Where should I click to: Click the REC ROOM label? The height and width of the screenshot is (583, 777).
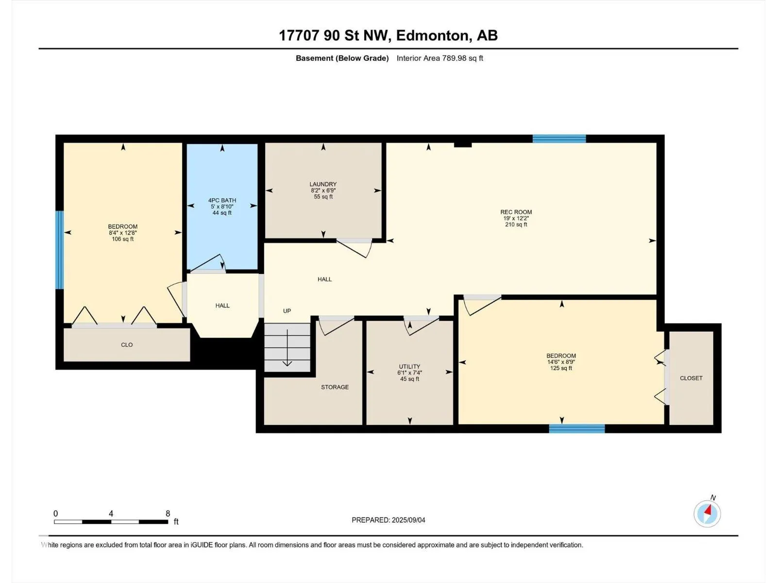[x=516, y=212]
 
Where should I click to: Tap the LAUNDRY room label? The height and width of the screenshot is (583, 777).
[x=323, y=184]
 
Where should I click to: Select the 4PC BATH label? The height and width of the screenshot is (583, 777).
[x=222, y=200]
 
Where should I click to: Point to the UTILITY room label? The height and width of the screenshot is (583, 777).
[x=409, y=366]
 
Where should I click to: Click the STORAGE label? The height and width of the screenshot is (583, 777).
[x=335, y=387]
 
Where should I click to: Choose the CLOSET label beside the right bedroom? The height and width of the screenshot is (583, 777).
[x=691, y=378]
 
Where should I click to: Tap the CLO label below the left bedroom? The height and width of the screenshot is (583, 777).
[x=127, y=345]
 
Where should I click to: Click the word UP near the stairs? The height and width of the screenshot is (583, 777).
[x=287, y=311]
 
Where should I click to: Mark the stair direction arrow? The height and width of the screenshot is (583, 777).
[x=287, y=348]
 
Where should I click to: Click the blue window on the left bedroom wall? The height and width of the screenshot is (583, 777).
[x=60, y=250]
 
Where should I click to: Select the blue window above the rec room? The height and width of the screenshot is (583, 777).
[x=559, y=139]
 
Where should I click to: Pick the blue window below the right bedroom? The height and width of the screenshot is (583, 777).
[x=577, y=429]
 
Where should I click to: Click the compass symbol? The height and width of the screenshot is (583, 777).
[x=707, y=514]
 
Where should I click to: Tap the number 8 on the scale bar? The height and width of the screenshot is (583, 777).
[x=168, y=514]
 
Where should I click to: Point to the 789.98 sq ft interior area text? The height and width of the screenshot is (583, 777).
[x=462, y=58]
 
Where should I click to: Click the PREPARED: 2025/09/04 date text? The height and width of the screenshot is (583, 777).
[x=388, y=520]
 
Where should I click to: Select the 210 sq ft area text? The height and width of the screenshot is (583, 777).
[x=516, y=224]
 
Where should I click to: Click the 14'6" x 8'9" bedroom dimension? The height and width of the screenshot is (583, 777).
[x=561, y=362]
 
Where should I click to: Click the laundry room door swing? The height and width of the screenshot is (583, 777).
[x=354, y=248]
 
